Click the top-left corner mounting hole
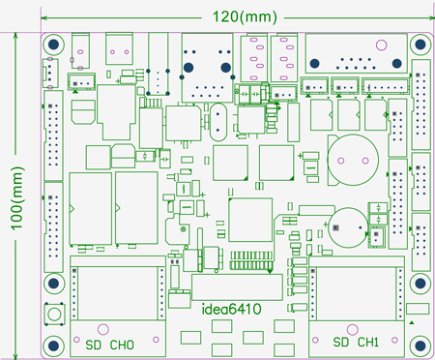(x=52, y=45)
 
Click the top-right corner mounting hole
(x=420, y=45)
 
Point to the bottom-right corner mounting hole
(x=420, y=344)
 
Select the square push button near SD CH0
(x=55, y=315)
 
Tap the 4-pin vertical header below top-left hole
(x=47, y=73)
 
